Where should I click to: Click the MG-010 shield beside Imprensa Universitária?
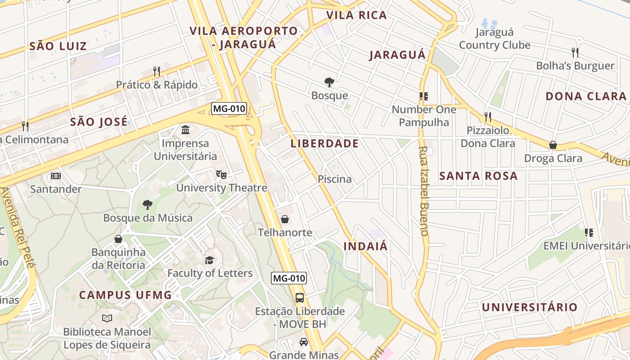229,108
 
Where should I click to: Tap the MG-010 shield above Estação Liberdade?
289,278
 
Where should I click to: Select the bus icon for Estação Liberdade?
300,297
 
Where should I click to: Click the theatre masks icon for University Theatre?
221,174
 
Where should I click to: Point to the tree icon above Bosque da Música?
147,205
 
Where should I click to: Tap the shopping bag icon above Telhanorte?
284,219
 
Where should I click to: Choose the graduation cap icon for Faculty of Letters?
209,260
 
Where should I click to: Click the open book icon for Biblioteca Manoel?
107,319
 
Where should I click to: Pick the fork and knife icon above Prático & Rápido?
157,71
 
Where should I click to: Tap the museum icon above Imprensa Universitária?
185,130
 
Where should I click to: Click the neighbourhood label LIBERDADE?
324,144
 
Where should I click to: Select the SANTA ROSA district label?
478,176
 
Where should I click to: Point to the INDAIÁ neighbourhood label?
365,246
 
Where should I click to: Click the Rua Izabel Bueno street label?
424,191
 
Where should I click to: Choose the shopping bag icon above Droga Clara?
553,145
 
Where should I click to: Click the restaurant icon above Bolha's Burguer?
575,52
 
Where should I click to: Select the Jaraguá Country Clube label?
495,39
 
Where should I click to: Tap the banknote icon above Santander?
56,175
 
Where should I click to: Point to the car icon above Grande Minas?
304,342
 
